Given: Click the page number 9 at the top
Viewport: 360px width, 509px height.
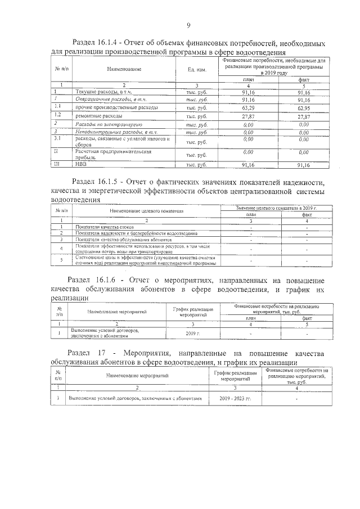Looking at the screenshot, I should click(x=188, y=25).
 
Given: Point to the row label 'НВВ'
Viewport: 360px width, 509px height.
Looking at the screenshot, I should click(x=80, y=165).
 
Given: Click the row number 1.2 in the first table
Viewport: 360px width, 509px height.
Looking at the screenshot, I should click(x=57, y=114).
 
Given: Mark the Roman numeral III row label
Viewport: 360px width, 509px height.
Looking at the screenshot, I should click(x=56, y=165).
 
